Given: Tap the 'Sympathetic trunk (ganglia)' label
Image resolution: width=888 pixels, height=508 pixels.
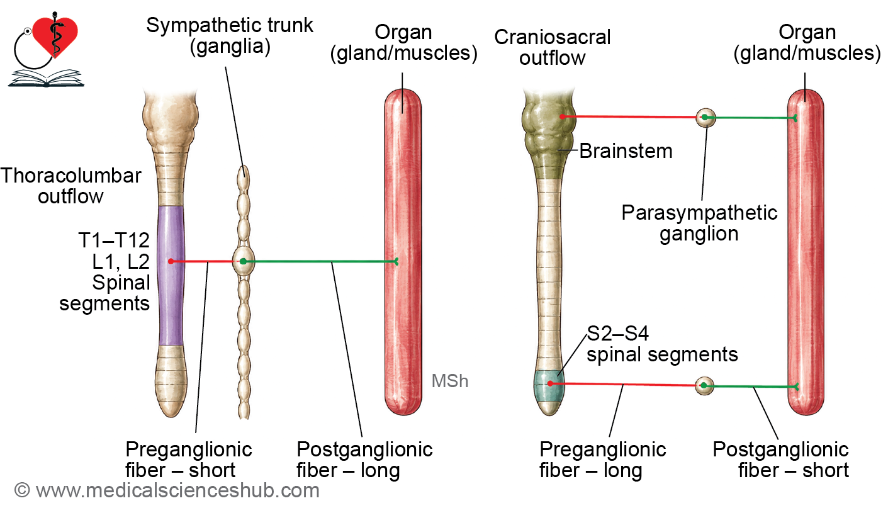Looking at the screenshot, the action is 230,36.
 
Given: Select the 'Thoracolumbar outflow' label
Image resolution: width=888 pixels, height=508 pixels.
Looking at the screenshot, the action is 70,186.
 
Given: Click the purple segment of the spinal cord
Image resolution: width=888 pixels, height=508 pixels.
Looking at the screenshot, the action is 171,275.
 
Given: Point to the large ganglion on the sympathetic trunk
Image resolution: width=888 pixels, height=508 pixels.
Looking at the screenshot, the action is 244,261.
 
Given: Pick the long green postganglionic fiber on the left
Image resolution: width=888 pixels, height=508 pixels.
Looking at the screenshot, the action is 320,261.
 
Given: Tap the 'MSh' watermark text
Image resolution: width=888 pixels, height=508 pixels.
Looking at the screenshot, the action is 449,381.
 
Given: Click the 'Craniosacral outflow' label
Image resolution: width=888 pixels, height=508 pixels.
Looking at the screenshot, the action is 552,48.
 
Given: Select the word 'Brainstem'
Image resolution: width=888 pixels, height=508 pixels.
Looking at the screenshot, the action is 626,151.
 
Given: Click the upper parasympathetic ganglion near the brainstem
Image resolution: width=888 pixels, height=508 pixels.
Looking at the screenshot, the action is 706,117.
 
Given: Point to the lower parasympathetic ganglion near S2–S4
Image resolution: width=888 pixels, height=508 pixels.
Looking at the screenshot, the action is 704,385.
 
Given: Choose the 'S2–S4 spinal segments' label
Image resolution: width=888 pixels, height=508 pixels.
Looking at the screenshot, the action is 662,344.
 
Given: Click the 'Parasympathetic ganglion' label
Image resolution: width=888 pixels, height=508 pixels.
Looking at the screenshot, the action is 699,223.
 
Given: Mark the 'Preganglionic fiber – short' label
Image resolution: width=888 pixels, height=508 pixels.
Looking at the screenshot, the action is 189,460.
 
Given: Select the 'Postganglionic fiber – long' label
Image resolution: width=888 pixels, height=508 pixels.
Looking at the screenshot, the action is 365,460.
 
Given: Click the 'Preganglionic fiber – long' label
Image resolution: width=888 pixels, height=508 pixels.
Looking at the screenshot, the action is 602,460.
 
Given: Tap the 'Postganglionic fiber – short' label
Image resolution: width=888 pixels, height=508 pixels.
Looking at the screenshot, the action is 781,460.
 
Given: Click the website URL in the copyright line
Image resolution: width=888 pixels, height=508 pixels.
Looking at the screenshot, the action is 177,490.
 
